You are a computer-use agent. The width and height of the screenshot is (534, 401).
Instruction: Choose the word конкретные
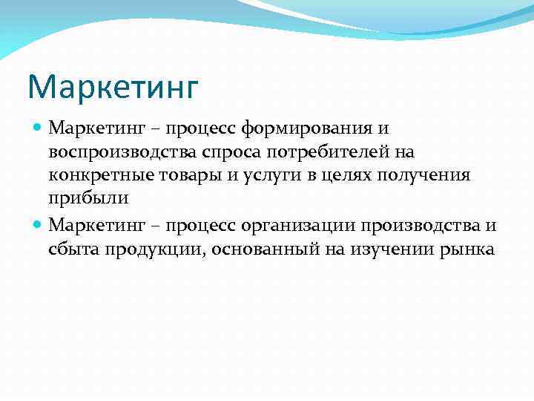click(95, 176)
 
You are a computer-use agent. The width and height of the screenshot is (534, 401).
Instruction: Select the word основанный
click(262, 249)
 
